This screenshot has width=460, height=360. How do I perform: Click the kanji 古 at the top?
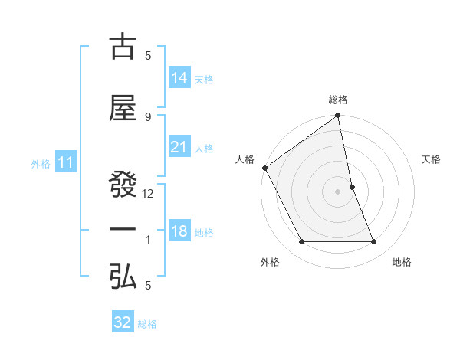tap(122, 47)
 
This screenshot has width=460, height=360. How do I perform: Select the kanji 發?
tap(122, 175)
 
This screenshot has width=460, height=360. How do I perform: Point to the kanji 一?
tap(122, 230)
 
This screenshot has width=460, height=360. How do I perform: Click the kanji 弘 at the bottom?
tap(122, 277)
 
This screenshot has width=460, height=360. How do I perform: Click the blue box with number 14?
tap(179, 78)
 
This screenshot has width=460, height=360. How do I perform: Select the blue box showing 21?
tap(179, 148)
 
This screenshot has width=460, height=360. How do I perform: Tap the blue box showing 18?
tap(179, 232)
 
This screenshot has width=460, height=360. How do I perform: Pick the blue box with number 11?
tap(65, 162)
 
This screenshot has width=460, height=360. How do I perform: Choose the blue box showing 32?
tap(123, 322)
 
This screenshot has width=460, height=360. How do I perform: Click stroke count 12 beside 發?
tap(148, 194)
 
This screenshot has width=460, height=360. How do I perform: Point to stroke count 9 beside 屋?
tap(148, 116)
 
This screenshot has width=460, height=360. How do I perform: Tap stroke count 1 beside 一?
tap(148, 241)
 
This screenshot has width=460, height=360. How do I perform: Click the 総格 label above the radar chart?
tap(338, 100)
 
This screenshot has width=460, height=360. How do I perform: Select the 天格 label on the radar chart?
tap(432, 159)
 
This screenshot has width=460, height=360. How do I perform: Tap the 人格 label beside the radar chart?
tap(245, 159)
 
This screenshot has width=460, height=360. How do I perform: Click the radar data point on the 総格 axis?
tap(338, 116)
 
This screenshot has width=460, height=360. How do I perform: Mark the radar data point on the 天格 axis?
tap(352, 187)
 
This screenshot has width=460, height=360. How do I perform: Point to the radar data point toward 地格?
tap(374, 242)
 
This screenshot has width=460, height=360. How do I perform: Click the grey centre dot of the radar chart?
tap(338, 191)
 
